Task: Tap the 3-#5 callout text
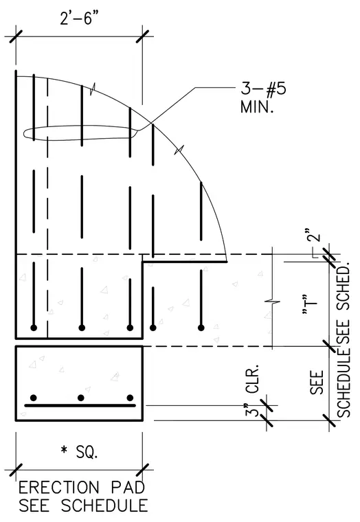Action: point(263,89)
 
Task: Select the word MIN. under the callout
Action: point(257,107)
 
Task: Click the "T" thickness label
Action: point(309,304)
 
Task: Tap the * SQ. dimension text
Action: point(79,452)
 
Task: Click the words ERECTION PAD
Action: point(82,488)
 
